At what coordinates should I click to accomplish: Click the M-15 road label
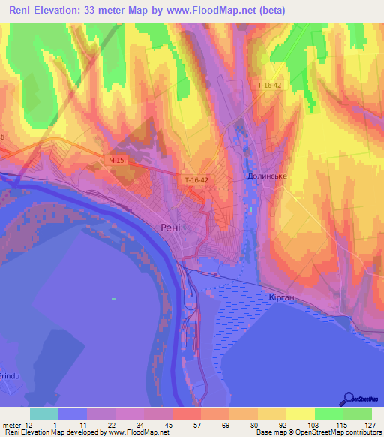coord(115,160)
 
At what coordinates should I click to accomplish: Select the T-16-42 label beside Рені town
coord(196,180)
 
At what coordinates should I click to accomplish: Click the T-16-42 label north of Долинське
coord(268,86)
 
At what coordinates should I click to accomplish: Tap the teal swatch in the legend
coord(44,413)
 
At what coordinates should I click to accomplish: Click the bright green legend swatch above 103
coord(328,413)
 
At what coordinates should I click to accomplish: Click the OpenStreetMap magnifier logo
coord(349,399)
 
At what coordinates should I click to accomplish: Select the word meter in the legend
coord(11,424)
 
